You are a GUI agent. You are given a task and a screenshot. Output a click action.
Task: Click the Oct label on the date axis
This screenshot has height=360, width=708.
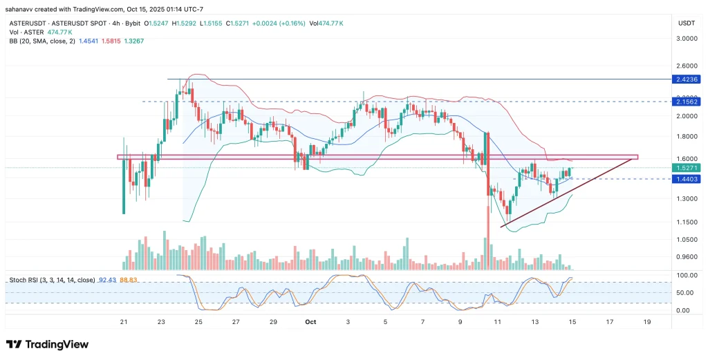pyautogui.click(x=310, y=321)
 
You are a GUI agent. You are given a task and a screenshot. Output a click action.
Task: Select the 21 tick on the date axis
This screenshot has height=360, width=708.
pyautogui.click(x=124, y=321)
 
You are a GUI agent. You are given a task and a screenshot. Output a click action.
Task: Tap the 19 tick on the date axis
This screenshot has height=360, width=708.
pyautogui.click(x=646, y=321)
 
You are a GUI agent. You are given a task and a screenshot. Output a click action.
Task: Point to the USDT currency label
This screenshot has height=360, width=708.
pyautogui.click(x=686, y=23)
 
